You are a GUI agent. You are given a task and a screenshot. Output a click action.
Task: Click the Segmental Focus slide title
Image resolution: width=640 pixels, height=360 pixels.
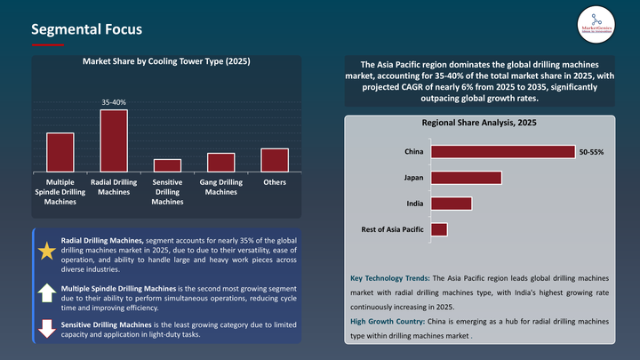tap(86, 29)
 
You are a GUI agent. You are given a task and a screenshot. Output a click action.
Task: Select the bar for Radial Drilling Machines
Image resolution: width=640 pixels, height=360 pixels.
tap(113, 140)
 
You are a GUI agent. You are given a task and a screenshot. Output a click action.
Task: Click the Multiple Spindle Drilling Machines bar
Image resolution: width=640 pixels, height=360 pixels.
tap(60, 152)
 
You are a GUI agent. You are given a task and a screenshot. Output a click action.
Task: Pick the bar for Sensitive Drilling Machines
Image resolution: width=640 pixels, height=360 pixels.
tap(167, 165)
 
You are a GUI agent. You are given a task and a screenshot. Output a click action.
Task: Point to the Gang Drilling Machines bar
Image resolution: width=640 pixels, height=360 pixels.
tap(220, 163)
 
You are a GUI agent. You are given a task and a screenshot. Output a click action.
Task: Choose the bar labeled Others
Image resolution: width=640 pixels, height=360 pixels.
tap(275, 160)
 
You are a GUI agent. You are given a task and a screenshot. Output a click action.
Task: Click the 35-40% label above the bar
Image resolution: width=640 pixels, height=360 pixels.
tap(113, 103)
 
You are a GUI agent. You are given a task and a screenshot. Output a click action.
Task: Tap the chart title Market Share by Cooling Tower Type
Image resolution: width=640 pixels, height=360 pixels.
tap(166, 62)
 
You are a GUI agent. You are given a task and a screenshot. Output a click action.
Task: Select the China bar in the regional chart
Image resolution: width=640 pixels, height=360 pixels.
tap(502, 152)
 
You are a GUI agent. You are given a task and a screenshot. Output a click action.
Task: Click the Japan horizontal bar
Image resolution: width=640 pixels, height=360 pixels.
tap(466, 178)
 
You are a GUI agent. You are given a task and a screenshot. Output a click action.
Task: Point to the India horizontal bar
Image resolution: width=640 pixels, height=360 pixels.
tap(451, 204)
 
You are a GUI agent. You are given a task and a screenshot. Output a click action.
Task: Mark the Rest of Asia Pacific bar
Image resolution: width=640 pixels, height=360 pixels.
tap(438, 229)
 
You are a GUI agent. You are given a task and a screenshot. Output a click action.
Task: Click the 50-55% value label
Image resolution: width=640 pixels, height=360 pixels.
tap(591, 153)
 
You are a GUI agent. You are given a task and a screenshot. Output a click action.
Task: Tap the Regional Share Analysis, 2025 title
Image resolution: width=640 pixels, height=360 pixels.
tap(478, 124)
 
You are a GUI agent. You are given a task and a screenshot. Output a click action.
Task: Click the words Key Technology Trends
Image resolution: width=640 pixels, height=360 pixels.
tap(390, 278)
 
